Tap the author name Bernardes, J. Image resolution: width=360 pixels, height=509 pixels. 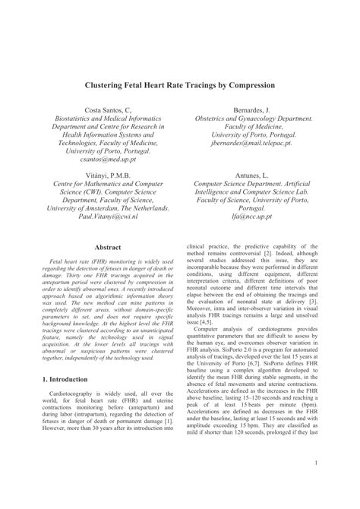pyautogui.click(x=252, y=111)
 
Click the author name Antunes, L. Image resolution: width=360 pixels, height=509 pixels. pyautogui.click(x=252, y=175)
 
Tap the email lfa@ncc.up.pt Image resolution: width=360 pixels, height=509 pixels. pyautogui.click(x=252, y=215)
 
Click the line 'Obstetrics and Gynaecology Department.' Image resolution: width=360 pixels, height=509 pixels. pyautogui.click(x=252, y=121)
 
